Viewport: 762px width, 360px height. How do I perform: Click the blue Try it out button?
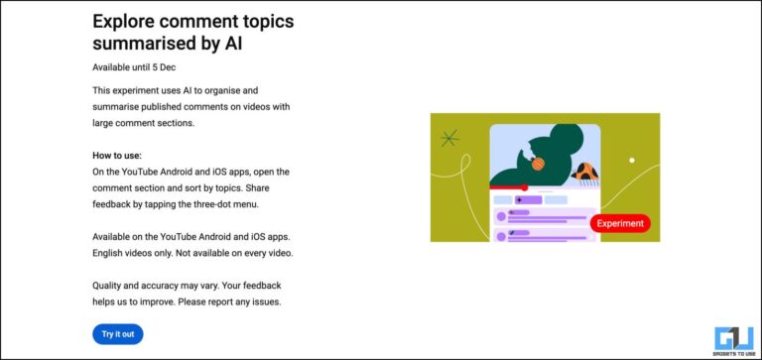coord(117,333)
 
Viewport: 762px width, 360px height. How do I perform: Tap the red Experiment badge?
coord(620,223)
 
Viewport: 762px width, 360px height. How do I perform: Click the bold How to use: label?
coord(117,156)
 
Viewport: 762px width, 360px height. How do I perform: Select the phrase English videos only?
coord(134,253)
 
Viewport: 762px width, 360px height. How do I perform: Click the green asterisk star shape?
coord(450,138)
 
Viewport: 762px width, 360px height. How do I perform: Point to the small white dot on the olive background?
coord(632,160)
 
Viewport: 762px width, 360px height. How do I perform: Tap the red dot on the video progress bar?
coord(524,186)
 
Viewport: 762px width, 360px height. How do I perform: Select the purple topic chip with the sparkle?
coord(528,199)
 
